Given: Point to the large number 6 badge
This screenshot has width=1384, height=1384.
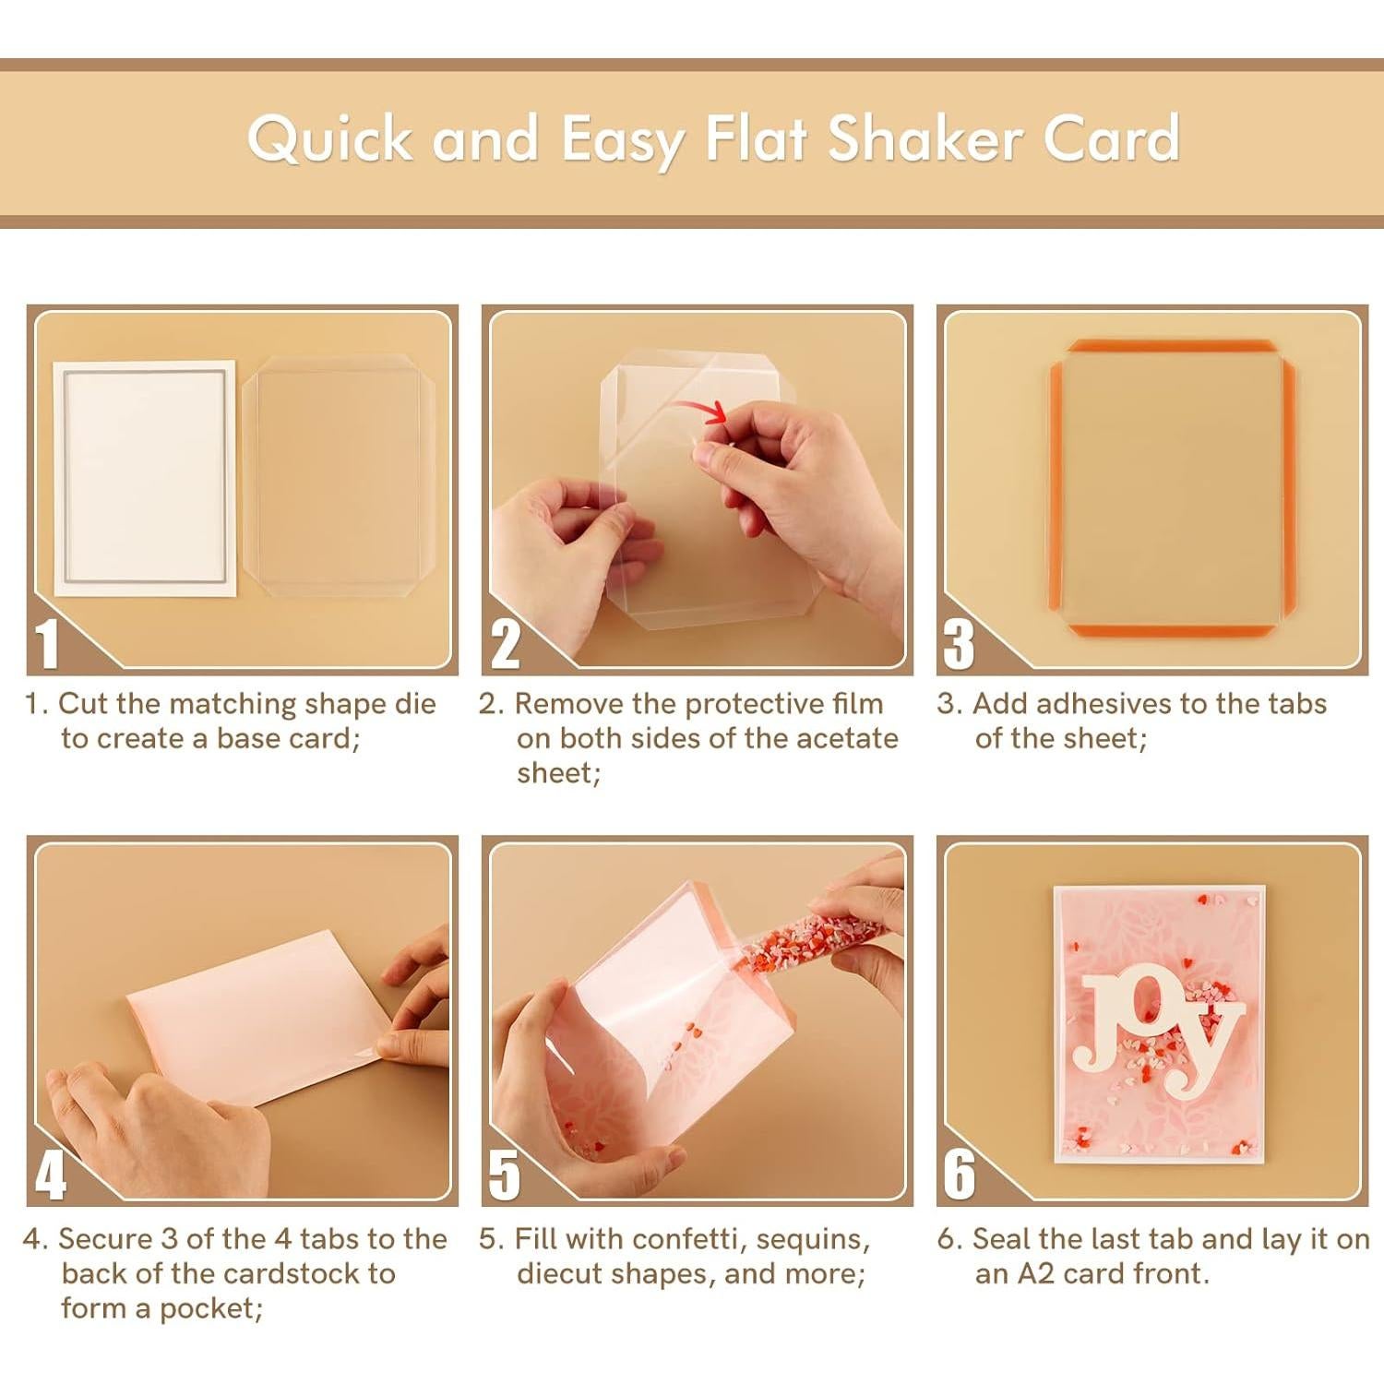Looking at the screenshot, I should point(959,1175).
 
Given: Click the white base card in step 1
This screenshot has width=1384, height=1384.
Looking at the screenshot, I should point(144,477).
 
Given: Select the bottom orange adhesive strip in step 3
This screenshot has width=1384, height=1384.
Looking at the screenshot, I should point(1172,630).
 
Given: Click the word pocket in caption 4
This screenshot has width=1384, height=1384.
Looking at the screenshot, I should point(209,1308).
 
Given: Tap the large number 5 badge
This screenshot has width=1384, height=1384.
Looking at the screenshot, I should point(504,1175).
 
